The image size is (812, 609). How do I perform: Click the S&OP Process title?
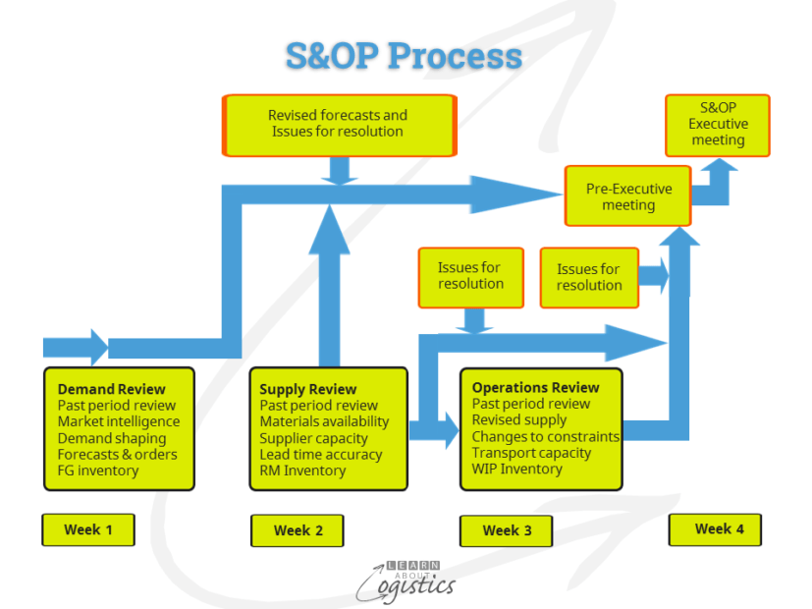tap(404, 55)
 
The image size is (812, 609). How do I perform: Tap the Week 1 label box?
tap(88, 529)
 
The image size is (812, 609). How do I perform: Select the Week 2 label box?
tap(298, 530)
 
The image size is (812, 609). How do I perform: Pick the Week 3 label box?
tap(507, 530)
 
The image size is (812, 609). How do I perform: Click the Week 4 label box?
tap(715, 528)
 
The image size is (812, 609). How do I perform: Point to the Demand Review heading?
tap(112, 389)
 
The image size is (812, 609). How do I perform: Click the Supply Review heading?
tap(308, 389)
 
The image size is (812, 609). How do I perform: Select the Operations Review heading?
tap(535, 387)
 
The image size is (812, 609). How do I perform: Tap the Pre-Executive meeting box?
tap(628, 196)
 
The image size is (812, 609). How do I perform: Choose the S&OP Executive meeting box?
tap(718, 125)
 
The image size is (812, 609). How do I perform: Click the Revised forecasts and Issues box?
tap(339, 124)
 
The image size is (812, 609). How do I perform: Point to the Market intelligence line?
tap(118, 421)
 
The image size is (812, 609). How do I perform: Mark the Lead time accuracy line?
tap(320, 454)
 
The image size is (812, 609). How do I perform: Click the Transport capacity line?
tap(531, 453)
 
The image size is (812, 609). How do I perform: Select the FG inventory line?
tap(98, 471)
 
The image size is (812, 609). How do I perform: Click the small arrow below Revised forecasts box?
tap(340, 171)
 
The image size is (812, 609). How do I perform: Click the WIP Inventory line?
tap(517, 469)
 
